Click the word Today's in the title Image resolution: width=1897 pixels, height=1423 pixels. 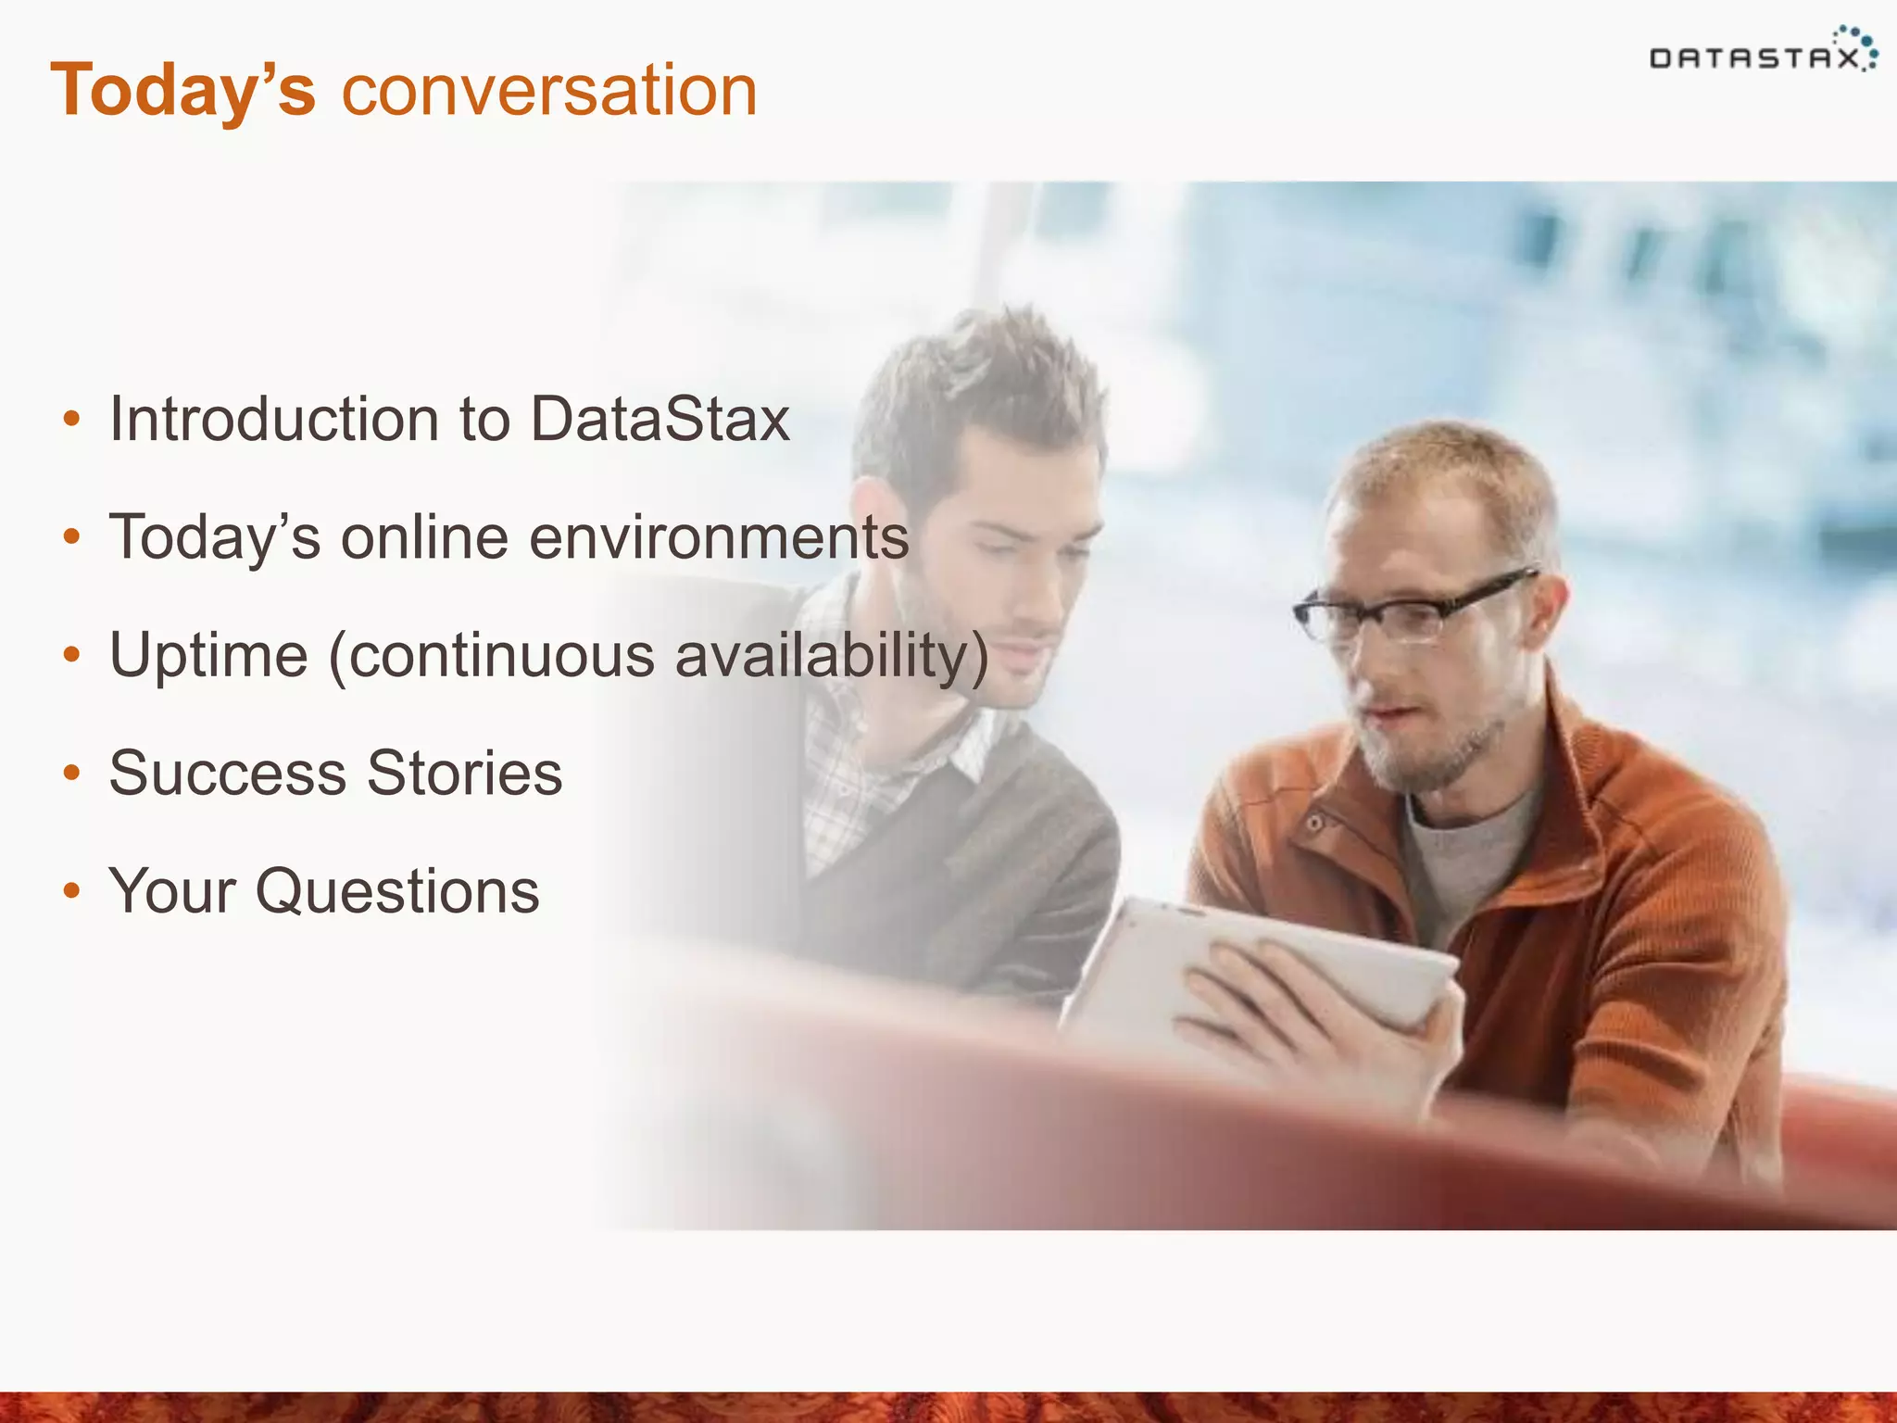pyautogui.click(x=183, y=91)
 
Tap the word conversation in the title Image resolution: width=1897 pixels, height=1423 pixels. pyautogui.click(x=549, y=91)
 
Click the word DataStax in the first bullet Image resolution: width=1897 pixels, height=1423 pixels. pyautogui.click(x=660, y=419)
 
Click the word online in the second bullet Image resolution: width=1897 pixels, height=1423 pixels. pyautogui.click(x=424, y=537)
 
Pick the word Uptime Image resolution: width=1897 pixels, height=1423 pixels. pyautogui.click(x=208, y=655)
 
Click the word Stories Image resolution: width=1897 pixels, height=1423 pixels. pyautogui.click(x=465, y=773)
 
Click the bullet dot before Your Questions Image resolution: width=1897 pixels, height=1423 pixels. pyautogui.click(x=71, y=891)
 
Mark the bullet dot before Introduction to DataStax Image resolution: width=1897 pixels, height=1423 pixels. pyautogui.click(x=71, y=420)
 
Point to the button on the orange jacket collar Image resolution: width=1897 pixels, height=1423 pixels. pyautogui.click(x=1313, y=824)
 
